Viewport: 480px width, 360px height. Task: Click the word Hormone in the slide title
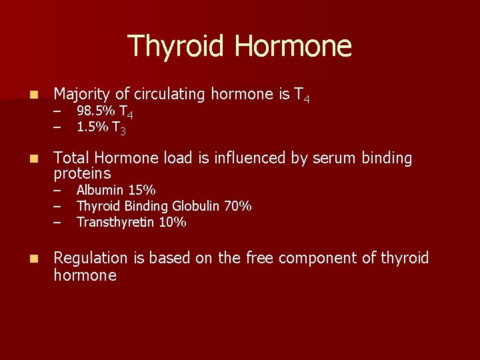[x=293, y=47]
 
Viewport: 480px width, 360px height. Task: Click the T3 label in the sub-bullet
[x=119, y=127]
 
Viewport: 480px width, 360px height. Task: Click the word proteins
[x=82, y=174]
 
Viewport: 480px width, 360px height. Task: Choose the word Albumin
[x=101, y=190]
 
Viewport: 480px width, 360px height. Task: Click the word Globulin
[x=197, y=206]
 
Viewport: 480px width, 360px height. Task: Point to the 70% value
[x=238, y=206]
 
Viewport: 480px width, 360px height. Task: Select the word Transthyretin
[x=116, y=222]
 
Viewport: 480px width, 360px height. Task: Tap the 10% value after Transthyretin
[x=173, y=222]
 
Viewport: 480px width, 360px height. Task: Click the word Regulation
[x=90, y=259]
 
